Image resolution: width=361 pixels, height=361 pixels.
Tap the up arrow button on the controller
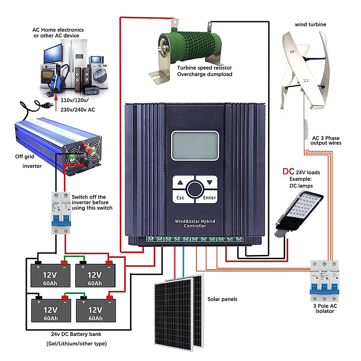[180, 182]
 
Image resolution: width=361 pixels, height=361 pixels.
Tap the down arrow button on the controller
[210, 182]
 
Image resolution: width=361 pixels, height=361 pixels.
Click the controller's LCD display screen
[195, 146]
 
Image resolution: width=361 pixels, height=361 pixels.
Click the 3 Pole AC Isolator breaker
[325, 281]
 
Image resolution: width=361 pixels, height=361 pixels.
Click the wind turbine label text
[310, 24]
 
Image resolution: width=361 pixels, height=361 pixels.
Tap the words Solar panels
[222, 299]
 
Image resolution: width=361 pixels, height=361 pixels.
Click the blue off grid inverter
[57, 144]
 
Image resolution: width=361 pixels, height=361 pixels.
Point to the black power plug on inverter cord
[47, 105]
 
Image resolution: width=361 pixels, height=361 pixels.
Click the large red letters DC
[288, 171]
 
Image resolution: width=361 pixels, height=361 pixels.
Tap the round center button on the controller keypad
[195, 189]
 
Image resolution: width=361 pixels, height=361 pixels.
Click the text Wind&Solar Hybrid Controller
[195, 224]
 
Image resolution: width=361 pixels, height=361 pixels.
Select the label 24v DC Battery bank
[76, 334]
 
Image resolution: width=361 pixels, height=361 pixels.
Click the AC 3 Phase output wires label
[326, 140]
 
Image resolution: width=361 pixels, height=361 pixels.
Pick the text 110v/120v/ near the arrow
[75, 100]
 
